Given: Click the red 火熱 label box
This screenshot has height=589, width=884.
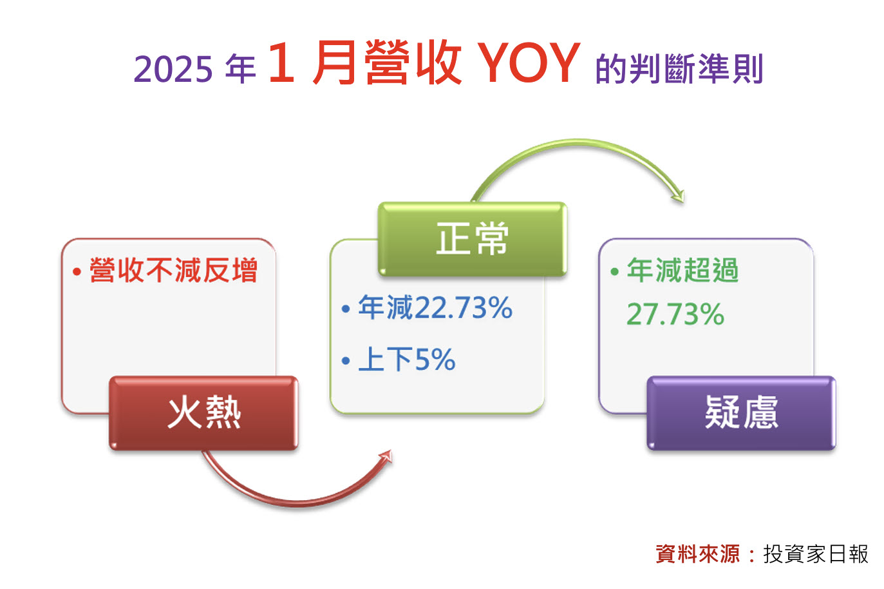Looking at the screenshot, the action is [203, 413].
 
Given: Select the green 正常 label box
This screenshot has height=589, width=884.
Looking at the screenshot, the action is [473, 239].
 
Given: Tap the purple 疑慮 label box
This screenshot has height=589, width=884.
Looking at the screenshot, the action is [741, 413].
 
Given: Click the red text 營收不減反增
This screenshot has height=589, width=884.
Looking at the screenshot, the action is [174, 270].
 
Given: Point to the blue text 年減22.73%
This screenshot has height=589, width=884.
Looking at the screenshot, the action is [435, 307].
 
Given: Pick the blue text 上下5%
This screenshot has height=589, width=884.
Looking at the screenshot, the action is [407, 360].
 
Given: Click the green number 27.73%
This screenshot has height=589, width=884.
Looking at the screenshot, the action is [675, 314].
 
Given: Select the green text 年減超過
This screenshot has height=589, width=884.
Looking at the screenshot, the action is [682, 270].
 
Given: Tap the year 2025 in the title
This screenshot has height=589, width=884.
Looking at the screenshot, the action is [173, 69].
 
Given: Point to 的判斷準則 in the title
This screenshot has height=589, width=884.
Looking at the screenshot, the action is [679, 69].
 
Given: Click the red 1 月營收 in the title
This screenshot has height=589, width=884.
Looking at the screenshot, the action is [365, 62].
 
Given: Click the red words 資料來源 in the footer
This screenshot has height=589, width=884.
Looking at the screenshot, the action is [698, 554].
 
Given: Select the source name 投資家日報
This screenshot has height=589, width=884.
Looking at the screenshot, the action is [816, 554].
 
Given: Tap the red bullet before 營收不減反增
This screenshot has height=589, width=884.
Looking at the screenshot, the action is [77, 271].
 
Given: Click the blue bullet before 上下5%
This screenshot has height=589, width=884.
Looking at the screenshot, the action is [346, 361].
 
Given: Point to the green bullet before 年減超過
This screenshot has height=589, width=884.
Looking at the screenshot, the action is [614, 271].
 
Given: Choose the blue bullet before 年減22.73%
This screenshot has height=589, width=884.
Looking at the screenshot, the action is [346, 309].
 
